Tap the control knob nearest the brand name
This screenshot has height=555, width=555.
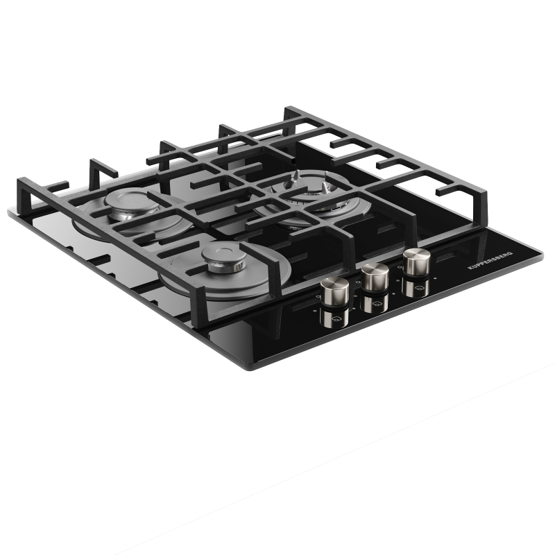coord(417,262)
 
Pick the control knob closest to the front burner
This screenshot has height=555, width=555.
coord(334,291)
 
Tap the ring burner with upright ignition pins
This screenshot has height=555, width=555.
coord(311,198)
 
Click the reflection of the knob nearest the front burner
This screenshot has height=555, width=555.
coord(334,318)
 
